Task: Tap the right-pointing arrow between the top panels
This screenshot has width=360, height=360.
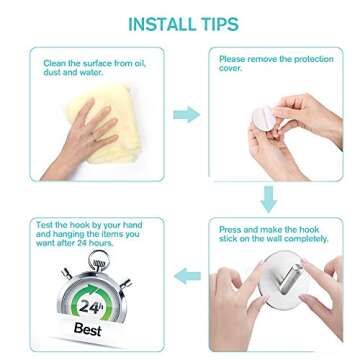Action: (186, 114)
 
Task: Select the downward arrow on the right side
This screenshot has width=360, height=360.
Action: (268, 197)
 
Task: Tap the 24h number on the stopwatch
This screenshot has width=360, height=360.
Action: (92, 305)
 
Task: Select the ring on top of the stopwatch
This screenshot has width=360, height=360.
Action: (98, 262)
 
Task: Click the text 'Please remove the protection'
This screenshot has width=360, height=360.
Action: (276, 59)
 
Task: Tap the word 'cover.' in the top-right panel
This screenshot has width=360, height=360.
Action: (230, 68)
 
